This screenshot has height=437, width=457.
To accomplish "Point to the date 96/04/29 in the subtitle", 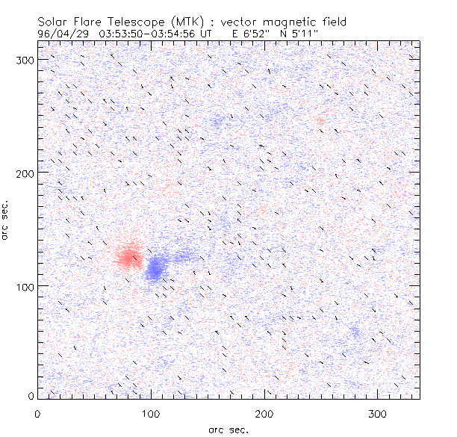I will point(62,34).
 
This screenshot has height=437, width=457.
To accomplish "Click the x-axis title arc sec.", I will point(228,429).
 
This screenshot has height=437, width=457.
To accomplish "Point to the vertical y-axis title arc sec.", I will point(6,220).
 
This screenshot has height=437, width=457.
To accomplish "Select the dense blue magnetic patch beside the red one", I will point(157,267).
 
